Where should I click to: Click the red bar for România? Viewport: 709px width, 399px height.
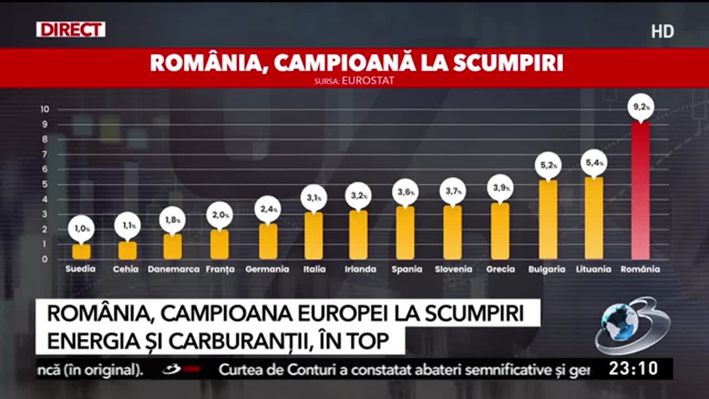641,190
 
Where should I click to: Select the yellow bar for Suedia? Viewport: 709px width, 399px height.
81,252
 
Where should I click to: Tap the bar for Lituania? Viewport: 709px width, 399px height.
594,218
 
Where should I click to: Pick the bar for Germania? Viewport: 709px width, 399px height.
268,241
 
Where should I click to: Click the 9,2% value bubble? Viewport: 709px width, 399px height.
641,107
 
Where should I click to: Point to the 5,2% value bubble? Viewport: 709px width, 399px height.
548,165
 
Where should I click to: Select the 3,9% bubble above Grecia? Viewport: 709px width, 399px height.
501,188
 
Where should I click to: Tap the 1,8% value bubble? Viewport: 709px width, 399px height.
172,220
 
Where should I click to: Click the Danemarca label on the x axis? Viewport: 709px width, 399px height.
174,269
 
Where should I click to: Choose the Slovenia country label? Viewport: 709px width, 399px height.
453,269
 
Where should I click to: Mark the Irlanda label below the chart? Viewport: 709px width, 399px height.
360,269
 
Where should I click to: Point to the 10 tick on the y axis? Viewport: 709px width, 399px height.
45,109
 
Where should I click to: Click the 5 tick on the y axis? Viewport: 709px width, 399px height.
45,185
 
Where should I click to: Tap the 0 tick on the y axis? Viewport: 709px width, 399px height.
45,259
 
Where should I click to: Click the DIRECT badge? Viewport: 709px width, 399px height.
70,29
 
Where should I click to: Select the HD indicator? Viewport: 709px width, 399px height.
662,32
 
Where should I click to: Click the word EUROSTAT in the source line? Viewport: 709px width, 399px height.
368,81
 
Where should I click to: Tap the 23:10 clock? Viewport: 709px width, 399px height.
633,369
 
